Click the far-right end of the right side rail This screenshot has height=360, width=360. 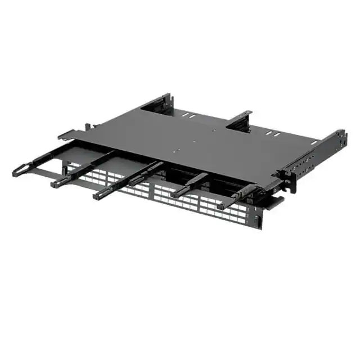[x=340, y=136]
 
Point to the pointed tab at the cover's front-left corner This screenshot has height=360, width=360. [x=62, y=135]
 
